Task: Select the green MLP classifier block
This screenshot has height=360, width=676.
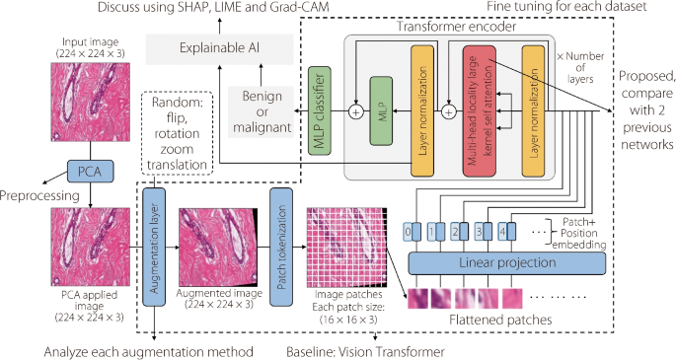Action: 320,108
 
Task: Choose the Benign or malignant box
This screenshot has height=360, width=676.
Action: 261,109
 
